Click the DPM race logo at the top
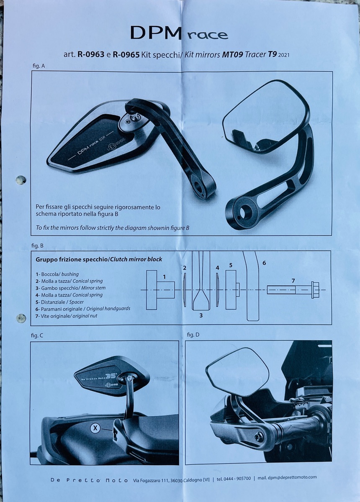point(179,33)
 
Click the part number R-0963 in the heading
point(91,54)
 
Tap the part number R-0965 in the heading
point(126,54)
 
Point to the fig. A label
point(38,66)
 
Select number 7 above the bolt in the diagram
point(293,281)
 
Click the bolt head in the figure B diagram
point(315,290)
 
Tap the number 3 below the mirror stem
point(201,315)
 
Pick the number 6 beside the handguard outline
point(264,263)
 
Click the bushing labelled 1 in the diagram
point(160,290)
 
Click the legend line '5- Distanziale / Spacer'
point(60,302)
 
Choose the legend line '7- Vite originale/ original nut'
point(67,316)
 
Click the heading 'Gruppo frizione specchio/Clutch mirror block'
point(99,259)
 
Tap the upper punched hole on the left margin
point(21,179)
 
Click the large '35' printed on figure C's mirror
point(111,376)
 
